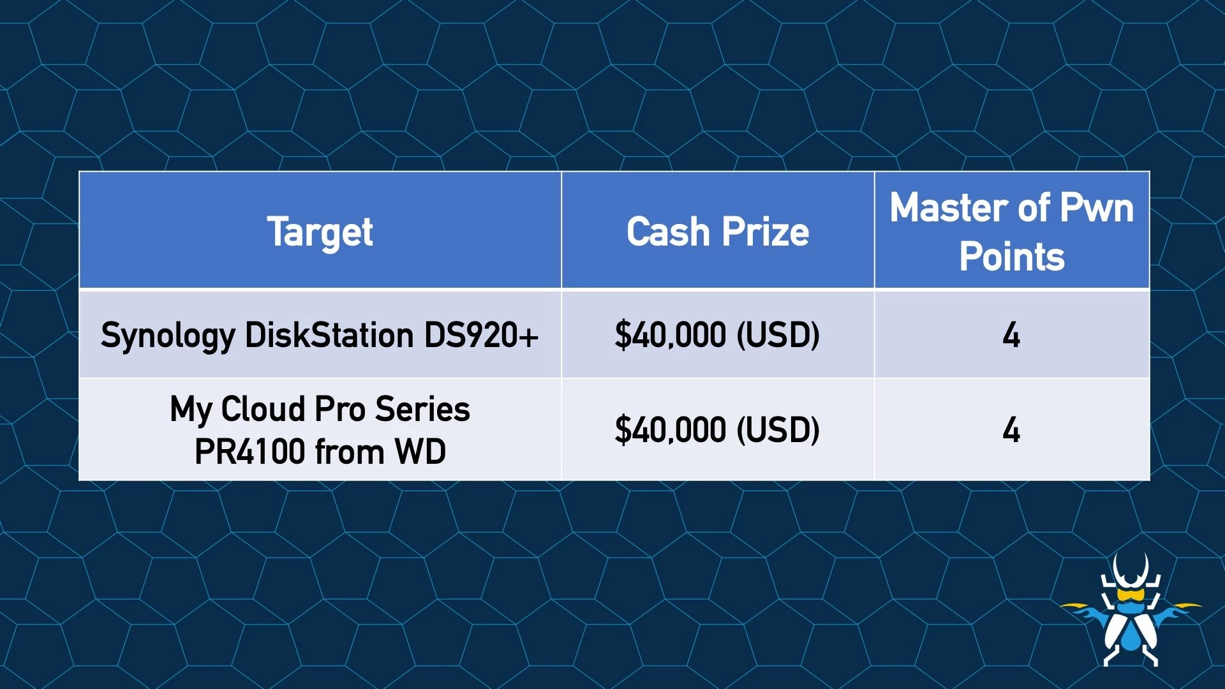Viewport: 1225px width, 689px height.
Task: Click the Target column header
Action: (x=320, y=232)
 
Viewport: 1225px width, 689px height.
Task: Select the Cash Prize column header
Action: (x=717, y=232)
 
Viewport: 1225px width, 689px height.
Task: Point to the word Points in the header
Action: (x=1012, y=257)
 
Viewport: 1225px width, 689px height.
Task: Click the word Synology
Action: (x=168, y=336)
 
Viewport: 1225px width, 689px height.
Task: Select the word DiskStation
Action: (x=329, y=336)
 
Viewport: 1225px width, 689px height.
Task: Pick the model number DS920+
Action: (x=482, y=336)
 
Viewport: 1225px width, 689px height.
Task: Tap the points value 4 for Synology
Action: (x=1011, y=335)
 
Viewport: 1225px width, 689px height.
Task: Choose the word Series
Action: (x=422, y=410)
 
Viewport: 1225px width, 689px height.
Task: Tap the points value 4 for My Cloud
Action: (x=1011, y=430)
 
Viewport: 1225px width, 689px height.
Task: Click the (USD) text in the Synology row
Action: (x=778, y=336)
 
